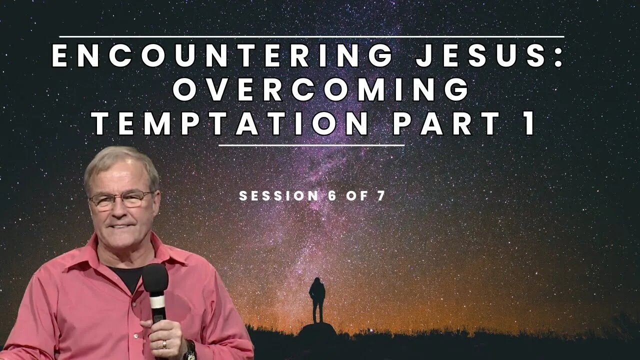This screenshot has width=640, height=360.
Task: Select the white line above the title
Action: point(311,36)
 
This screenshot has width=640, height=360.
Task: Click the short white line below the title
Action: point(311,145)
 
